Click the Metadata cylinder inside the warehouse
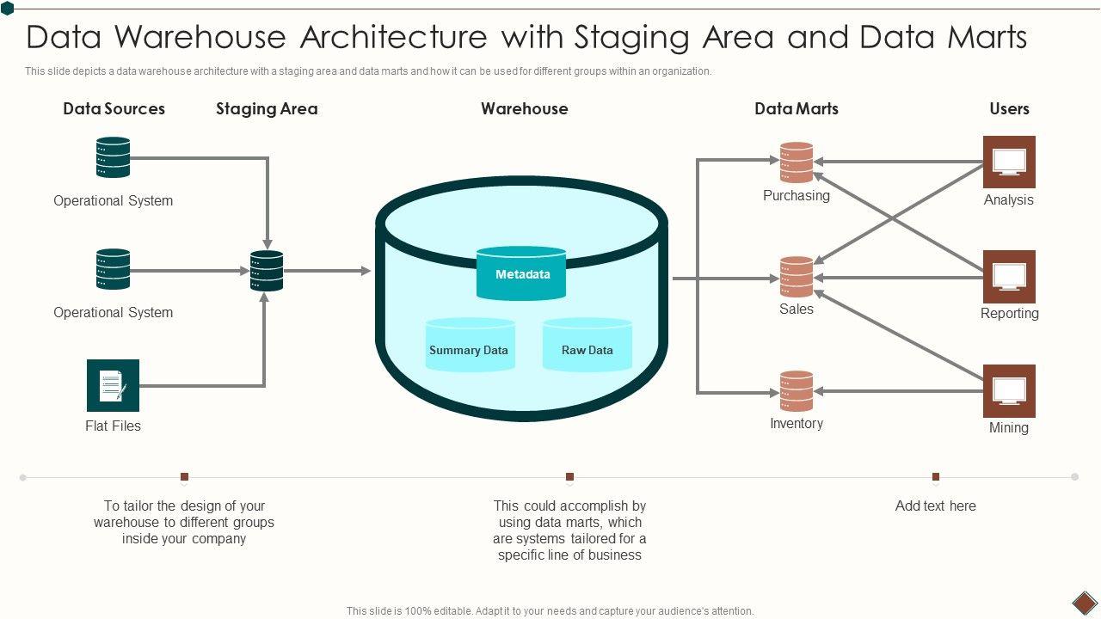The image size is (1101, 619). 521,274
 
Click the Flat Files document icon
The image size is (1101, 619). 113,385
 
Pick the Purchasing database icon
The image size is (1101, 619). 797,162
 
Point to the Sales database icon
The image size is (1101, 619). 797,277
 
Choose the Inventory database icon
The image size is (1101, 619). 797,391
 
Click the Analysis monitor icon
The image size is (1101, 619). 1009,162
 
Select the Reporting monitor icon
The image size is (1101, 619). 1009,276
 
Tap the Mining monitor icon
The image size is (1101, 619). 1009,390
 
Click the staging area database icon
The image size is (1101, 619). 267,271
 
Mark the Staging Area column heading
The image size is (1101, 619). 267,109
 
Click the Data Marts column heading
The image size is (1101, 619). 797,109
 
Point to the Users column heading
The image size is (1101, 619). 1009,109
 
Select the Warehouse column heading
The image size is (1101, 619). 525,109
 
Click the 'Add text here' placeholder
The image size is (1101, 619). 936,506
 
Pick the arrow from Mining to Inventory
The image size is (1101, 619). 899,391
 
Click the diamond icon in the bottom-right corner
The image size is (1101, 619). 1084,602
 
